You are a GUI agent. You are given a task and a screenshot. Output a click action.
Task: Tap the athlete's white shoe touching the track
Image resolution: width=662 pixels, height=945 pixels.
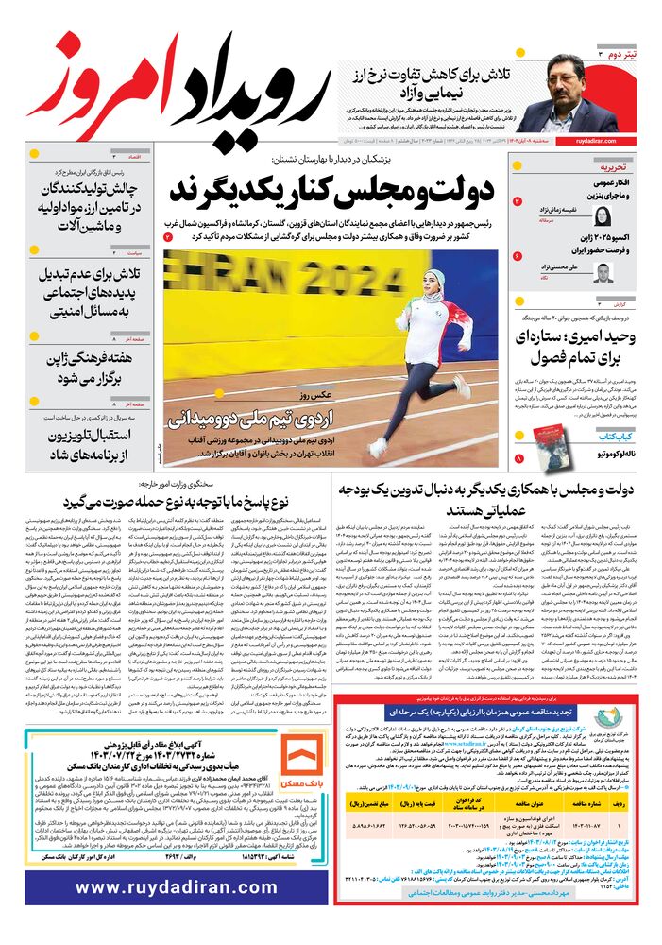378,446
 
